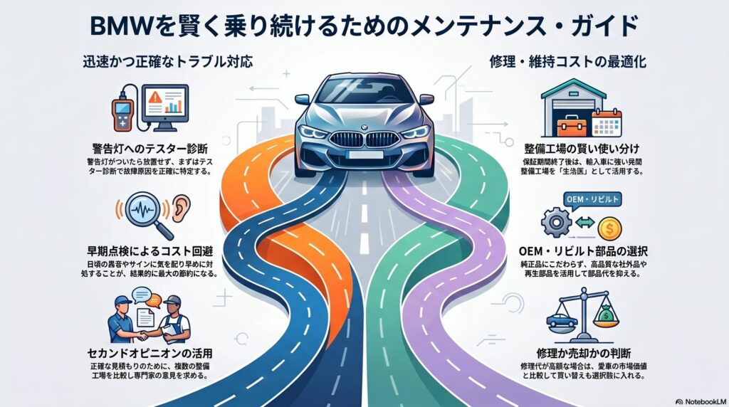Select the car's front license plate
pos(364,152)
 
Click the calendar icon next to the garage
pos(607,122)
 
